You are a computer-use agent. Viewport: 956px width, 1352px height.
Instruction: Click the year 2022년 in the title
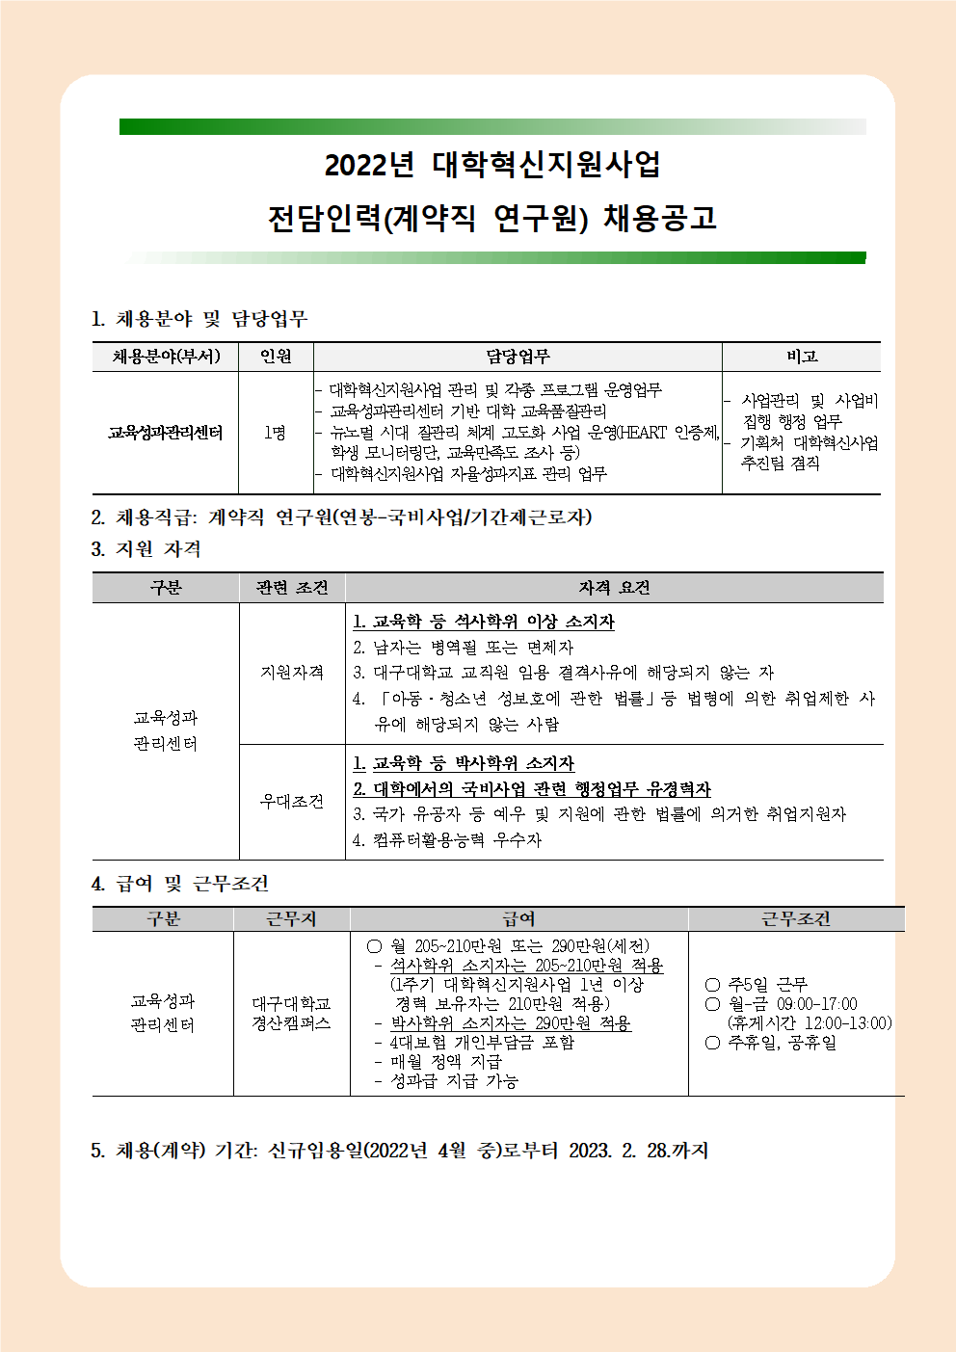pyautogui.click(x=368, y=166)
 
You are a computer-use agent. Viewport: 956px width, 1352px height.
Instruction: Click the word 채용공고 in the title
pyautogui.click(x=660, y=219)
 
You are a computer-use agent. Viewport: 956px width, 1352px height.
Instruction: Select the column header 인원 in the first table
pyautogui.click(x=276, y=357)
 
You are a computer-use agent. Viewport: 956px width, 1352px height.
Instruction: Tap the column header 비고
pyautogui.click(x=801, y=357)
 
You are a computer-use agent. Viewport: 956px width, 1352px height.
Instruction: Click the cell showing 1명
pyautogui.click(x=275, y=433)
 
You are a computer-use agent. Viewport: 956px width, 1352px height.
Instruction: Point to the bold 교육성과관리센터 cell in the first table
pyautogui.click(x=165, y=433)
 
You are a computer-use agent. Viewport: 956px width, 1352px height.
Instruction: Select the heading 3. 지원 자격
pyautogui.click(x=146, y=549)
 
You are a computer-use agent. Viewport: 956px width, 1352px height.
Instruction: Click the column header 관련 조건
pyautogui.click(x=292, y=588)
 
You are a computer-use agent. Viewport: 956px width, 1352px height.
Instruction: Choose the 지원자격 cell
pyautogui.click(x=292, y=673)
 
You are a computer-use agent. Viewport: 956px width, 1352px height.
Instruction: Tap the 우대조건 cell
pyautogui.click(x=292, y=802)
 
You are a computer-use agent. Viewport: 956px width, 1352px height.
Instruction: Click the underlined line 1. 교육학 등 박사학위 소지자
pyautogui.click(x=464, y=763)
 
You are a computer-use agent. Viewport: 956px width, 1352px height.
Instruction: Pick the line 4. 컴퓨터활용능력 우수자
pyautogui.click(x=447, y=840)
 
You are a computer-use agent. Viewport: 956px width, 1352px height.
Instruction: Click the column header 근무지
pyautogui.click(x=291, y=919)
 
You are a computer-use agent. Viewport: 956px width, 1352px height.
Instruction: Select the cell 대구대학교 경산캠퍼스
pyautogui.click(x=291, y=1013)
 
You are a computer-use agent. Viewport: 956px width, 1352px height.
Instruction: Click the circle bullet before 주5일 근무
pyautogui.click(x=712, y=985)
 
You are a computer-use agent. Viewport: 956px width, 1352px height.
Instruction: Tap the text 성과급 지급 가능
pyautogui.click(x=454, y=1081)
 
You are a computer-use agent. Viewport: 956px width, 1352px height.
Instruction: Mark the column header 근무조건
pyautogui.click(x=796, y=919)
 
